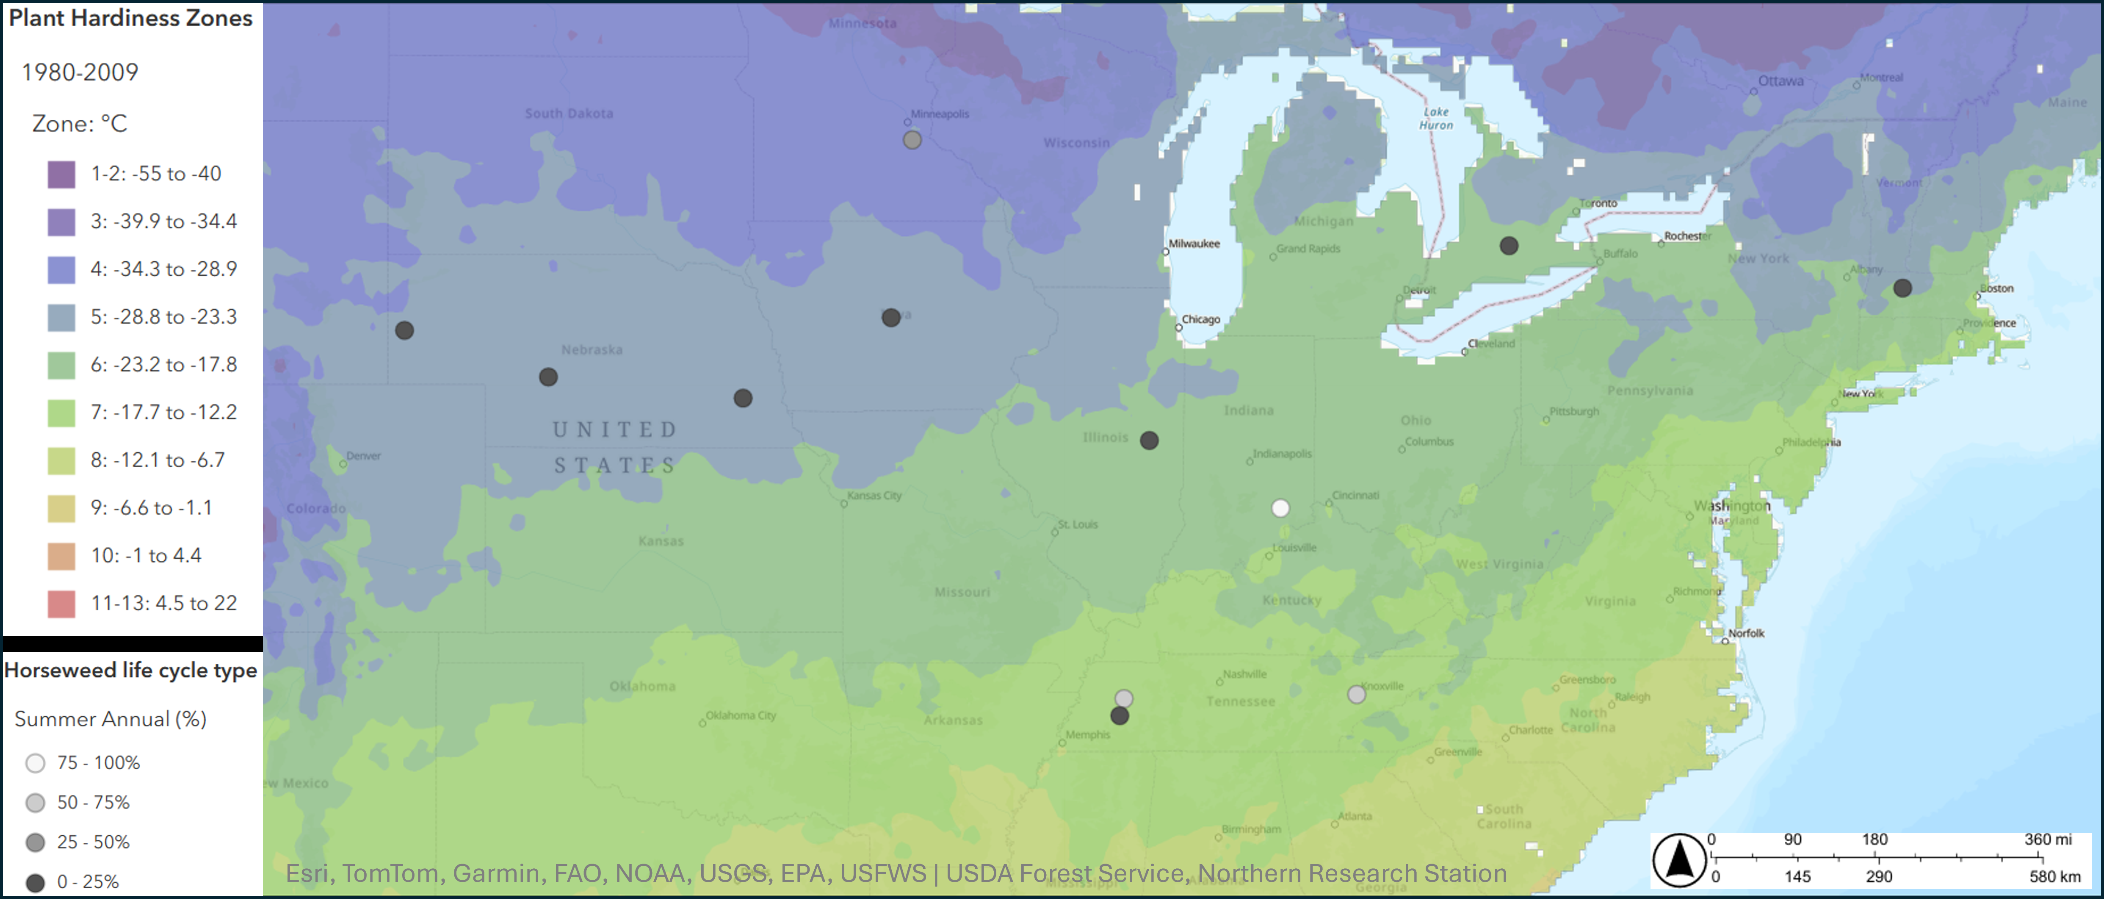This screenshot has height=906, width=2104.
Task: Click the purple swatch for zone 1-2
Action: click(61, 174)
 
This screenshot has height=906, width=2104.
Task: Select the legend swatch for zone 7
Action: click(61, 413)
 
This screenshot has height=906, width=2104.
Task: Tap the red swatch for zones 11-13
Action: click(61, 604)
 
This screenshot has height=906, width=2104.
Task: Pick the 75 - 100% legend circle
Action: click(35, 763)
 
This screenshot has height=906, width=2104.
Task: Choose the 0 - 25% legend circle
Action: click(35, 882)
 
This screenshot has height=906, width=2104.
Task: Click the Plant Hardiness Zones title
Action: click(131, 18)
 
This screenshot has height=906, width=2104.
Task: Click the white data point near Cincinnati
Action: click(1280, 508)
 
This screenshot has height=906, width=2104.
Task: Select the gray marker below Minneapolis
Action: click(912, 140)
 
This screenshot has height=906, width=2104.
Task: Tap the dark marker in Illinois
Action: click(1149, 441)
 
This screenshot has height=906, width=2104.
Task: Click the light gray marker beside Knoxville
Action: click(1356, 694)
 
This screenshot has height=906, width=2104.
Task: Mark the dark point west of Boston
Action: click(1902, 288)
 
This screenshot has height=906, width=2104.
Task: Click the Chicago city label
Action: click(1201, 319)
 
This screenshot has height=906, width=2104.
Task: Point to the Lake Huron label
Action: click(1436, 119)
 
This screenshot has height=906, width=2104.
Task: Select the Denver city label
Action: click(363, 456)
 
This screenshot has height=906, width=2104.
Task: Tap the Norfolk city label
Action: click(1746, 633)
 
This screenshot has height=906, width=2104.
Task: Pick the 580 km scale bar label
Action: click(2055, 877)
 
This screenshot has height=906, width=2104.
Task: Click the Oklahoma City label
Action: click(741, 716)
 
